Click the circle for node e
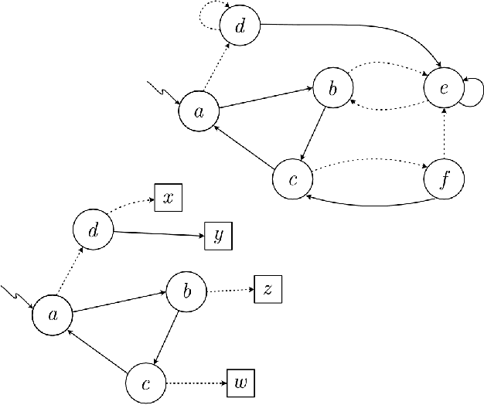[444, 88]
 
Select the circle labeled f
[445, 180]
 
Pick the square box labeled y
[218, 236]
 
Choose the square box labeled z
[268, 290]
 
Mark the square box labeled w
[240, 383]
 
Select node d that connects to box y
[93, 230]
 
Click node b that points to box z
[186, 291]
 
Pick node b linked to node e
[332, 90]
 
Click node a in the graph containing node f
[198, 111]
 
